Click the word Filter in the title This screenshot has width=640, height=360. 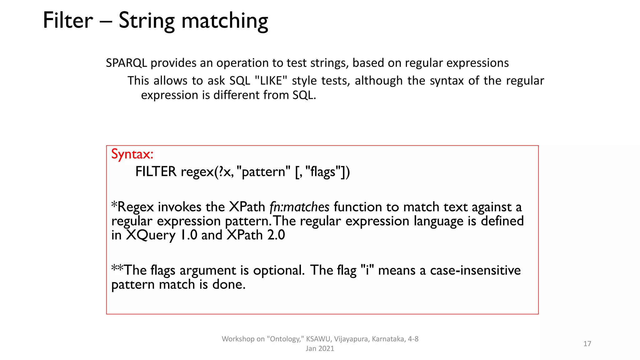pyautogui.click(x=68, y=21)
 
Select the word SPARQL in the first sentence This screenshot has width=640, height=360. pyautogui.click(x=126, y=63)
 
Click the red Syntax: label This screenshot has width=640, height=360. pyautogui.click(x=132, y=154)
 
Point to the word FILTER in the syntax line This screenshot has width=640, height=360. pyautogui.click(x=156, y=172)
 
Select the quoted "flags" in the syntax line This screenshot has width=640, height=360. pyautogui.click(x=323, y=172)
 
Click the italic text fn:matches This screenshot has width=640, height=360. pyautogui.click(x=299, y=207)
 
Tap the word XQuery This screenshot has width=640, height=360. pyautogui.click(x=151, y=235)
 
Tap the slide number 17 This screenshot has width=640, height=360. pyautogui.click(x=587, y=344)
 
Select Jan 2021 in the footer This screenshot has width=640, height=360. pyautogui.click(x=320, y=349)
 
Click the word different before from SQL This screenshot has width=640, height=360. pyautogui.click(x=237, y=95)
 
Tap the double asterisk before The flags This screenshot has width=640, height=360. pyautogui.click(x=117, y=268)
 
